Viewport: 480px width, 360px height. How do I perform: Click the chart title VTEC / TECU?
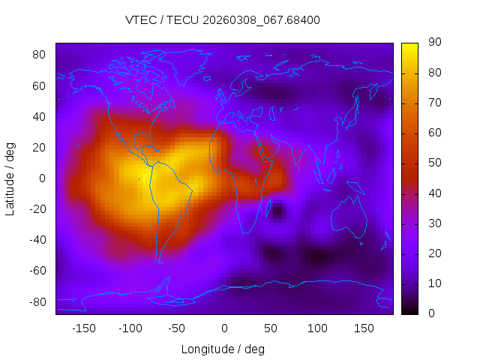pos(223,20)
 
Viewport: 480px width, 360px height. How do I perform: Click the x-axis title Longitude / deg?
pos(223,349)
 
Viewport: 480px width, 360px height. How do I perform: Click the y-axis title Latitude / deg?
pos(10,178)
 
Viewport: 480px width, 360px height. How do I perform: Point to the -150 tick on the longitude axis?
pos(83,328)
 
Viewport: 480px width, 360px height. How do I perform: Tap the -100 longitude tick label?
pos(130,328)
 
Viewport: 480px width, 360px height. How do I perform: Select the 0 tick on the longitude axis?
pos(223,328)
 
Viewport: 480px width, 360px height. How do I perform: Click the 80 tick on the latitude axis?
pos(40,55)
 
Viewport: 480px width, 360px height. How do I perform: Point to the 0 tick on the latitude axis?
pos(43,178)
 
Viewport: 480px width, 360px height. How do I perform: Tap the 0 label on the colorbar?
pos(428,313)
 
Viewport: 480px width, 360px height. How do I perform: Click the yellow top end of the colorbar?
pos(409,46)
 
